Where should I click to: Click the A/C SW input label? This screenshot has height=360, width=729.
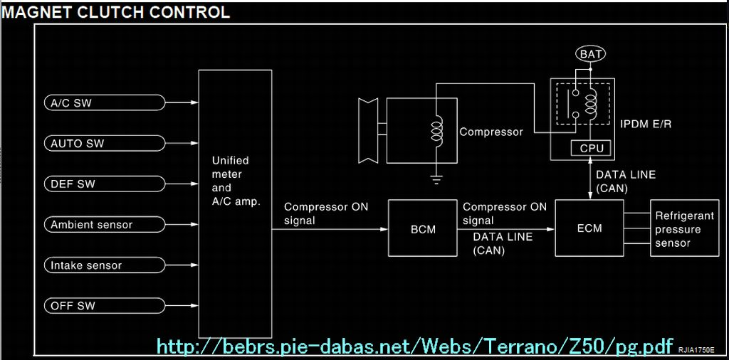click(x=71, y=103)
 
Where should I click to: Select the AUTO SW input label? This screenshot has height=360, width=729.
click(x=77, y=144)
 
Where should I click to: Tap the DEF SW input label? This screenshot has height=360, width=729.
click(x=73, y=184)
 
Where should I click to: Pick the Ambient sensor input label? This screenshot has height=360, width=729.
click(x=91, y=225)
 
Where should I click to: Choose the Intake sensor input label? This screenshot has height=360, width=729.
click(x=86, y=265)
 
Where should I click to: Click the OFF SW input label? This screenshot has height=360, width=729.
click(x=73, y=306)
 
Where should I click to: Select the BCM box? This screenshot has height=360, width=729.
click(x=423, y=228)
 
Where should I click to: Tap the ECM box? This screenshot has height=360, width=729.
click(x=589, y=228)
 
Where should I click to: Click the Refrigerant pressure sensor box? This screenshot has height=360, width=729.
click(x=683, y=228)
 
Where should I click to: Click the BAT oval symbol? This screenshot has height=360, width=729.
click(x=590, y=54)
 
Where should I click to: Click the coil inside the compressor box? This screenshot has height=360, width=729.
click(x=436, y=131)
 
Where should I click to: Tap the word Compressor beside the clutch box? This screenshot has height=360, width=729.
click(x=491, y=132)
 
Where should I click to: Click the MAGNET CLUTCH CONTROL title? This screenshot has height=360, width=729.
click(x=115, y=12)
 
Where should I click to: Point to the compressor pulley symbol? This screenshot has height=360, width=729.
click(x=371, y=130)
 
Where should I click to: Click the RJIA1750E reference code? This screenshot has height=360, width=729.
click(x=696, y=351)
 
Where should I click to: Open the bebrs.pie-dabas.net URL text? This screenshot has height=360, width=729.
click(x=414, y=346)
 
